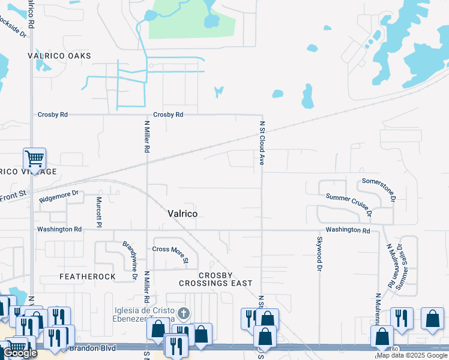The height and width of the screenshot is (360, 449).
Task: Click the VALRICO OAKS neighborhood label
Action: coord(59,56)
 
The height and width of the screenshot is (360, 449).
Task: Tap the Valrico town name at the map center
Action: coord(182,214)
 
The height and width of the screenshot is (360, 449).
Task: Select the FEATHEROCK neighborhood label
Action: coord(87,277)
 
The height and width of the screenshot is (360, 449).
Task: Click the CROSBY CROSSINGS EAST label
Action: coord(217,279)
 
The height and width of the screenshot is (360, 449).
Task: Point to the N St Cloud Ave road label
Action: coord(262,143)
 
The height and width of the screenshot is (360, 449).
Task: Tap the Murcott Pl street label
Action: coord(100,211)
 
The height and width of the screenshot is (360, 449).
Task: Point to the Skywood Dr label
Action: coord(319,251)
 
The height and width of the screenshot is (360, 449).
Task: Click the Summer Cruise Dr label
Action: coord(349,205)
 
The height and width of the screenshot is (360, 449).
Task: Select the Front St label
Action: coord(13,195)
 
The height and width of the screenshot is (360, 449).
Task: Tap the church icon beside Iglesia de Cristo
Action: coord(184,314)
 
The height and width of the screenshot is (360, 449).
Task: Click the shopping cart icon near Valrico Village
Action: coord(34,160)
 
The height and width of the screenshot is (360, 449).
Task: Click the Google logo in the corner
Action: coord(20,353)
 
